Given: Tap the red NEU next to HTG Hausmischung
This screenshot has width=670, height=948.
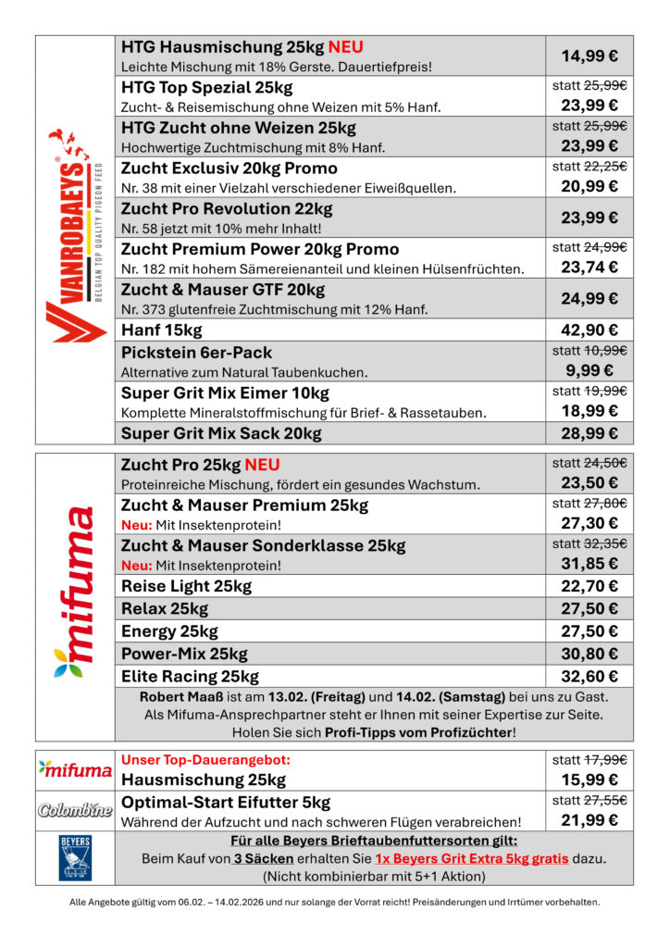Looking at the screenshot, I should [345, 46].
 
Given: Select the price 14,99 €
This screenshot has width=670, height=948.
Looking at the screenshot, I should [589, 56].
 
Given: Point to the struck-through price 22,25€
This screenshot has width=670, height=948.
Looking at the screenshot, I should [606, 167].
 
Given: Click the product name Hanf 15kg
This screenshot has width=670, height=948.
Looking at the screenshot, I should [161, 331].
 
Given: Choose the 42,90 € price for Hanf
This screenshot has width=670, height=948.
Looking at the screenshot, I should [589, 331].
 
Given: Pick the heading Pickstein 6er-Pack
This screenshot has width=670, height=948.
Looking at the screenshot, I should [196, 353].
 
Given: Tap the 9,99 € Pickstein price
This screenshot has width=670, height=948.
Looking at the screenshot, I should [589, 370].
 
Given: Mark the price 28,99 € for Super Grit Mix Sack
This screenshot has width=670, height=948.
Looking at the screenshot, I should [589, 433].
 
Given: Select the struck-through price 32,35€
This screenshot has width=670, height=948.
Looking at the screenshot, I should [606, 543].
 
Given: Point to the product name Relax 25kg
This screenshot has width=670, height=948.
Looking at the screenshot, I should [165, 608].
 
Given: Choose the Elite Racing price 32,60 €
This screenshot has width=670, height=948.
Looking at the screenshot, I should [589, 676].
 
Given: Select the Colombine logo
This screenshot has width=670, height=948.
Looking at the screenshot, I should [75, 810].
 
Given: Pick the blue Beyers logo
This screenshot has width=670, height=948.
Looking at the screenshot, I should [75, 856].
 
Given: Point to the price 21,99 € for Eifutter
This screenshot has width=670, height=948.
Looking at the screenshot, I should [589, 821].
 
